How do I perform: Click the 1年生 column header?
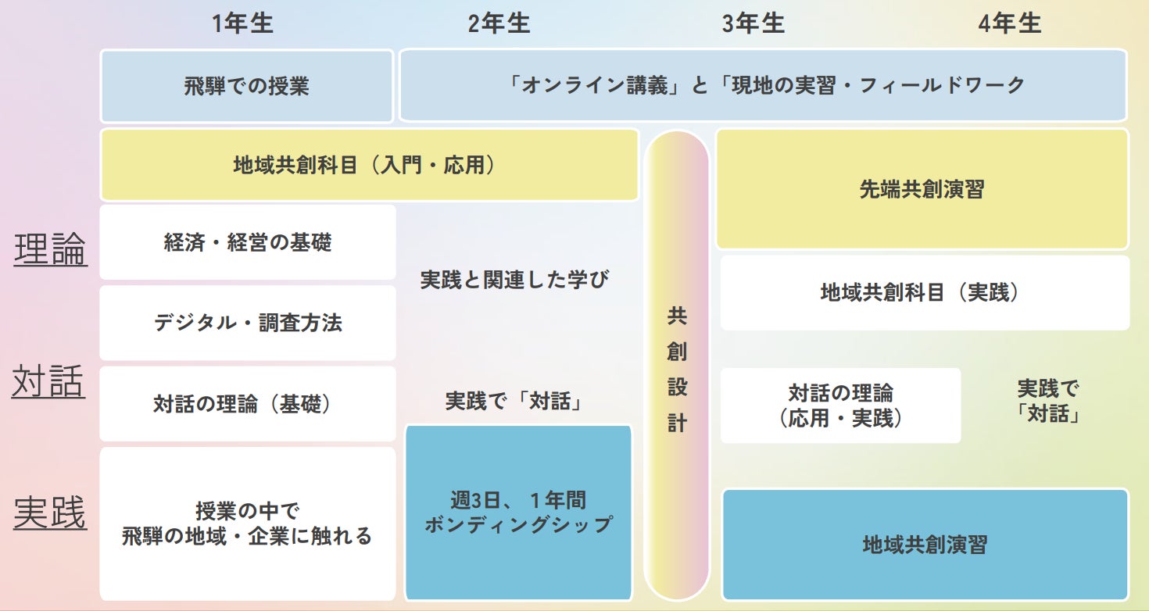coord(242,23)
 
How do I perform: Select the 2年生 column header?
coord(499,23)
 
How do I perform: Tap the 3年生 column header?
coord(753,23)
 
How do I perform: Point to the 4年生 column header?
coord(1009,23)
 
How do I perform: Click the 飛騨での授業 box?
coord(247,85)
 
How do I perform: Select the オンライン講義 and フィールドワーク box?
coord(763,85)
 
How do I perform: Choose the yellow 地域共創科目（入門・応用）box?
coord(369,165)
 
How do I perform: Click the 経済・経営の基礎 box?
coord(248,242)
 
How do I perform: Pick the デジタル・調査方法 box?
coord(248,323)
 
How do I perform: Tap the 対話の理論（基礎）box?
coord(248,404)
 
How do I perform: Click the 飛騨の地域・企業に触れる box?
coord(248,523)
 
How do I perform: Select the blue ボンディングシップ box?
coord(518,512)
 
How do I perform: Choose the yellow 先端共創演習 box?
coord(922,190)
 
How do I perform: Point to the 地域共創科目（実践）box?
coord(925,292)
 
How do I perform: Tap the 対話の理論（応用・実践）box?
coord(840,406)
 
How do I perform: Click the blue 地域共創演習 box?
coord(925,545)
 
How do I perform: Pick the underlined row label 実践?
coord(50,514)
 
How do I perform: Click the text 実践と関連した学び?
coord(514,280)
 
